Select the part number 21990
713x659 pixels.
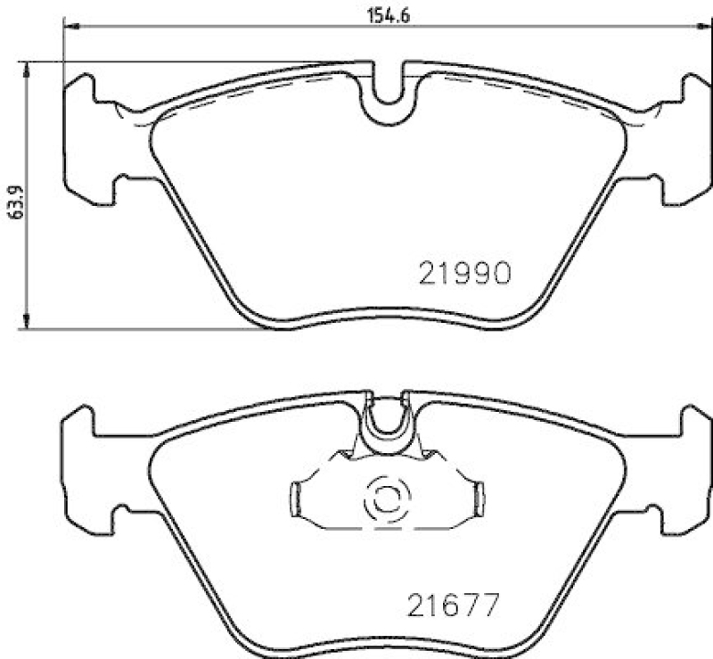(x=463, y=273)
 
